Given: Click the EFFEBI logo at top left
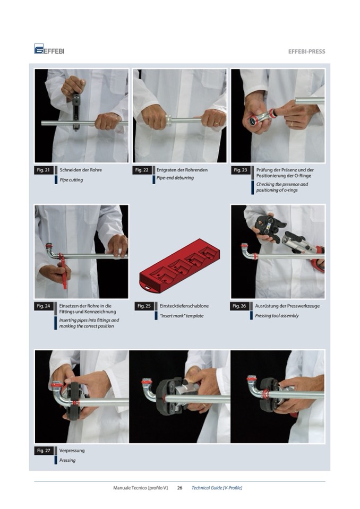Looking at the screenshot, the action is [x=49, y=49].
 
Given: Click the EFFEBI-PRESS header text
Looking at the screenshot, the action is [x=306, y=51].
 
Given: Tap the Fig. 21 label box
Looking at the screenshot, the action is [x=44, y=170].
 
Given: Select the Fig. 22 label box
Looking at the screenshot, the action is [x=142, y=170].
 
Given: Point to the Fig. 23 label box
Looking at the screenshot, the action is [x=241, y=170].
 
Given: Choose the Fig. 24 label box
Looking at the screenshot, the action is [x=44, y=306].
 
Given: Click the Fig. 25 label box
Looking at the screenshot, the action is [x=144, y=306].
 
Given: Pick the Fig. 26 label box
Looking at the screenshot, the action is [x=239, y=306].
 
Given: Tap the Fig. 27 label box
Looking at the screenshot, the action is [x=44, y=451].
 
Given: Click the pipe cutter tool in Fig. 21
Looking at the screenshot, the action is [x=76, y=111].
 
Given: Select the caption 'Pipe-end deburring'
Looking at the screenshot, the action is [x=175, y=178].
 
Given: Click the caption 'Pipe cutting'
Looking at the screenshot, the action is [x=71, y=180].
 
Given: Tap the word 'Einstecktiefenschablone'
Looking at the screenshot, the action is [x=184, y=306].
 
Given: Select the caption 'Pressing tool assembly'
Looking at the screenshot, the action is [x=277, y=315].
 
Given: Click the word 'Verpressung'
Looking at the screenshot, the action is [x=72, y=451].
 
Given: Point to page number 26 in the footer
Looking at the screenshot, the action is [x=179, y=488].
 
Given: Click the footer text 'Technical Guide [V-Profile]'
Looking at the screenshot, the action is [x=217, y=488].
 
